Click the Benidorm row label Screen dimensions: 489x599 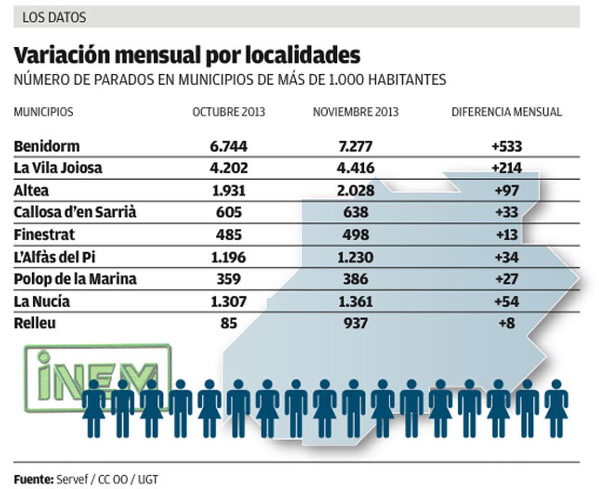coord(47,147)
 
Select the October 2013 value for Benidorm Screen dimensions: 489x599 coord(229,147)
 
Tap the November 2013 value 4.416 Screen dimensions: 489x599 coord(355,168)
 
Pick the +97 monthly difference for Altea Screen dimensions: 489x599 coord(507,191)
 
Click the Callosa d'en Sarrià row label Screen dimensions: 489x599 coord(75,212)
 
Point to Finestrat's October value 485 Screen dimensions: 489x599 coord(229,234)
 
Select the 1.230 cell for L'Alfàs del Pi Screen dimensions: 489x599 coord(355,257)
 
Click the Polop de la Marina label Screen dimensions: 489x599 coord(75,279)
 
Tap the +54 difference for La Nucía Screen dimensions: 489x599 coord(507,301)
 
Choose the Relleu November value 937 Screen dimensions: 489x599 coord(355,323)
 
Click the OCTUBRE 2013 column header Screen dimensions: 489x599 coord(229,112)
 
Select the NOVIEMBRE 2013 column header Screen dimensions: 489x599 coord(355,112)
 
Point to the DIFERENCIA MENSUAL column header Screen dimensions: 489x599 coord(507,112)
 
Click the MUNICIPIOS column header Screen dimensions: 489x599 coord(43,112)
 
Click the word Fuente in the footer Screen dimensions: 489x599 coord(33,479)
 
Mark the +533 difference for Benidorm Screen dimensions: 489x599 coord(507,147)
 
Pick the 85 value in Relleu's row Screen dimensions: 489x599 coord(229,323)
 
